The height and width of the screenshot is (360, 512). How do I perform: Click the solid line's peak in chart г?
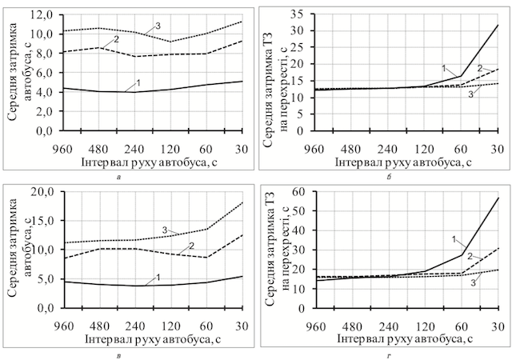coord(498,197)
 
